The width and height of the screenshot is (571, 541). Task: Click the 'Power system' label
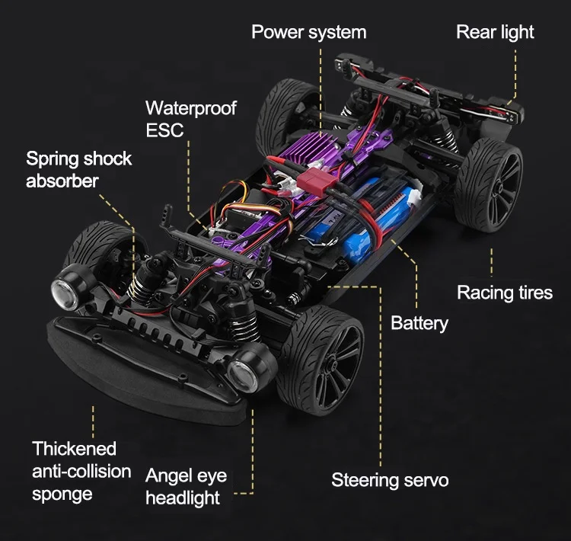308,33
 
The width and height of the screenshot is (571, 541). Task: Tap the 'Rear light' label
495,32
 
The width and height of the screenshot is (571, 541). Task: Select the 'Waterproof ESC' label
190,118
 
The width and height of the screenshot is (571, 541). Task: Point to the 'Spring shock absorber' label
78,169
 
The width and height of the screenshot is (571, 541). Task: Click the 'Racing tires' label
504,293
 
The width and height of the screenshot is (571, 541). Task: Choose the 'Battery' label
419,323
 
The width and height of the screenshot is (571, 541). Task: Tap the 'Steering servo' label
390,480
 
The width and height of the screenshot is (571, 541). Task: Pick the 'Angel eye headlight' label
186,487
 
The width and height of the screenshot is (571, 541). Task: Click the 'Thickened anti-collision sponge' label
81,471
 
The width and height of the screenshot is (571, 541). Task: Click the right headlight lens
241,371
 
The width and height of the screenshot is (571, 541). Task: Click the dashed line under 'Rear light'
516,72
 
